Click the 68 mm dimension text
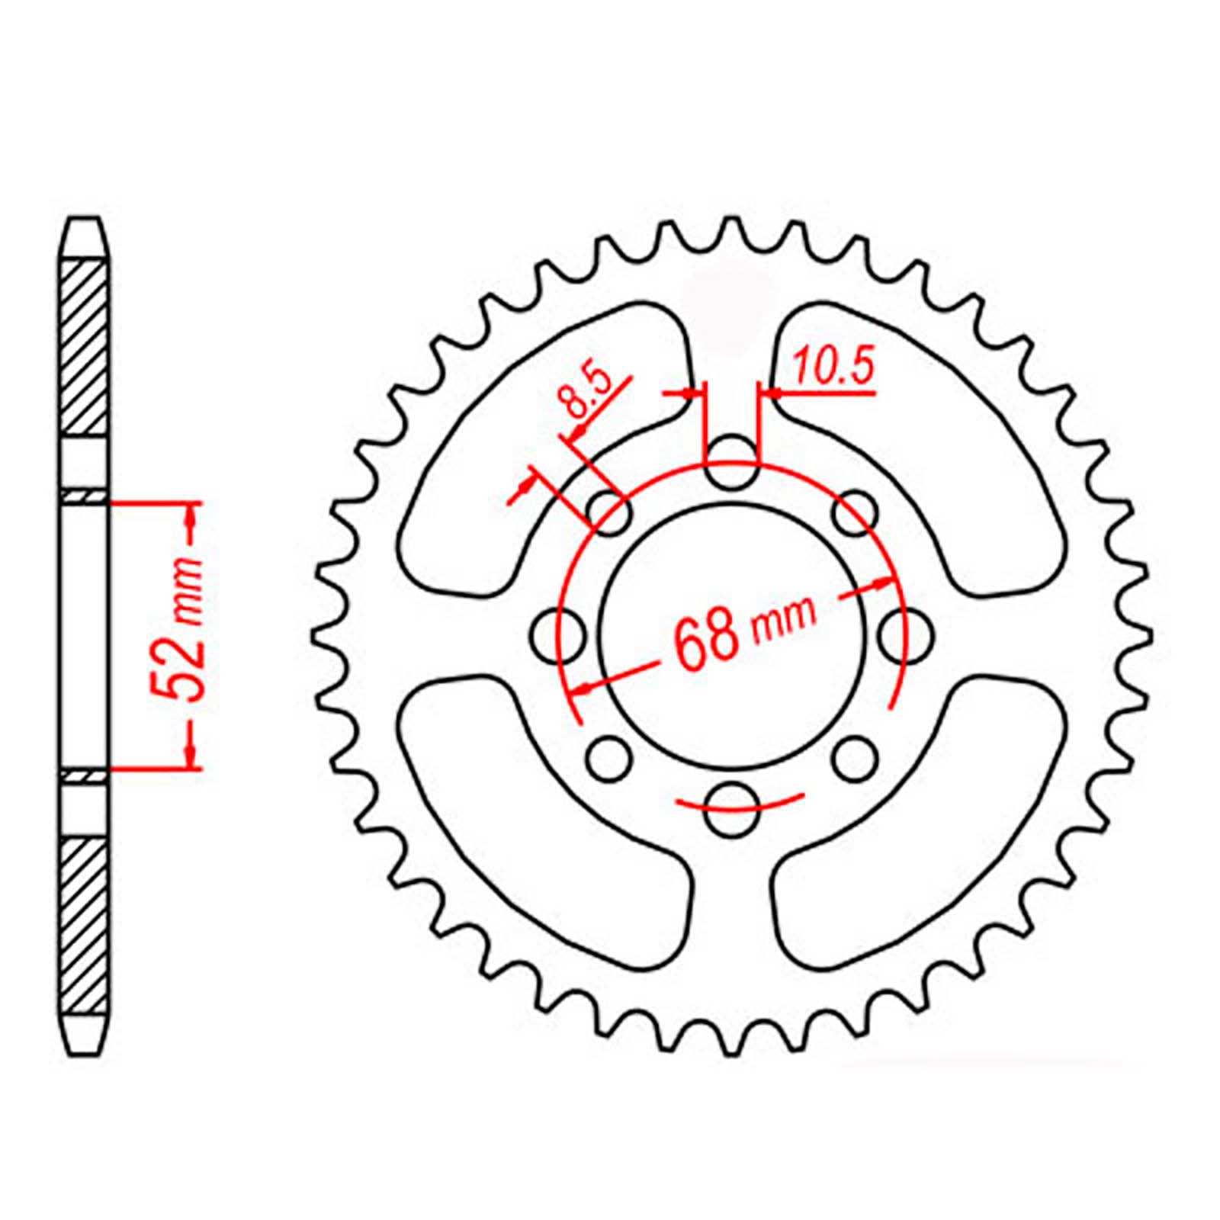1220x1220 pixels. click(743, 632)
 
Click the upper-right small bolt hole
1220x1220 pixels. click(854, 513)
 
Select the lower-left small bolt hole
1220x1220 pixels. click(609, 758)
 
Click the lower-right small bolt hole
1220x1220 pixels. click(854, 758)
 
